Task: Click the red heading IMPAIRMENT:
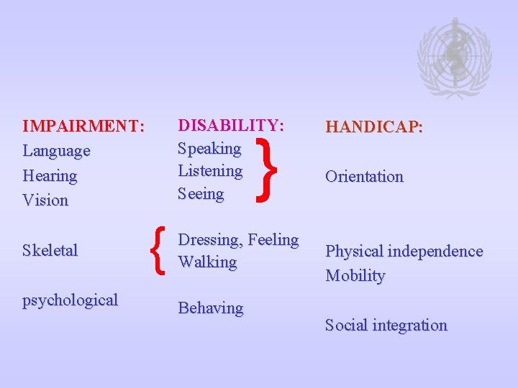pos(83,126)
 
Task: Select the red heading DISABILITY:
pos(231,125)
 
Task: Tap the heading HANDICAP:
pos(374,126)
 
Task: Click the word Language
pos(57,151)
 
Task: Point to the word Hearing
pos(50,175)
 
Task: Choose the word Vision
pos(45,200)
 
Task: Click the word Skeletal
pos(50,250)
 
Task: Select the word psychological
pos(71,300)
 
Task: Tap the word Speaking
pos(209,149)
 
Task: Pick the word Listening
pos(210,171)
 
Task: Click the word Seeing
pos(201,194)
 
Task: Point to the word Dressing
pos(210,239)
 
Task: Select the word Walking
pos(207,262)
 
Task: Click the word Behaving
pos(211,308)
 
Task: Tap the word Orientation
pos(364,176)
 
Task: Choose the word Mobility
pos(355,276)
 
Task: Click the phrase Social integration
pos(386,325)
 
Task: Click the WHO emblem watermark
pos(454,57)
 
